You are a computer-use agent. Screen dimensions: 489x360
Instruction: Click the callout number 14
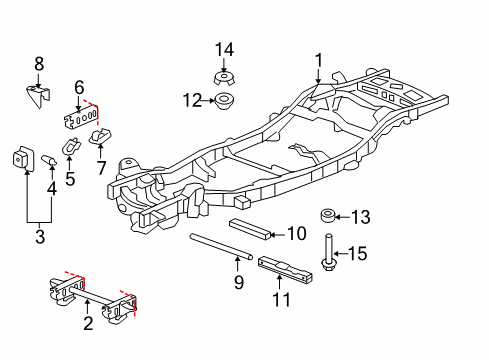[224, 50]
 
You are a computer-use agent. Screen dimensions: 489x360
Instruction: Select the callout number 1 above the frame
[319, 60]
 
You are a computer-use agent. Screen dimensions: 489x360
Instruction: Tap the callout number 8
[39, 64]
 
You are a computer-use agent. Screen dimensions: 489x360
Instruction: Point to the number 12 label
[193, 100]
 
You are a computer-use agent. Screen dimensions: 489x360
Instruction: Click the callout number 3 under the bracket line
[40, 237]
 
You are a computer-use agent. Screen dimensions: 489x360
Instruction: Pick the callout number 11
[282, 299]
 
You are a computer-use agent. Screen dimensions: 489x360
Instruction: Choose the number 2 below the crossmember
[88, 323]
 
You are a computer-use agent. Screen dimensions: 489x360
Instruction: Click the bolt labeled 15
[328, 252]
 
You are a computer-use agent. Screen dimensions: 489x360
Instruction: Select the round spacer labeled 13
[328, 215]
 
